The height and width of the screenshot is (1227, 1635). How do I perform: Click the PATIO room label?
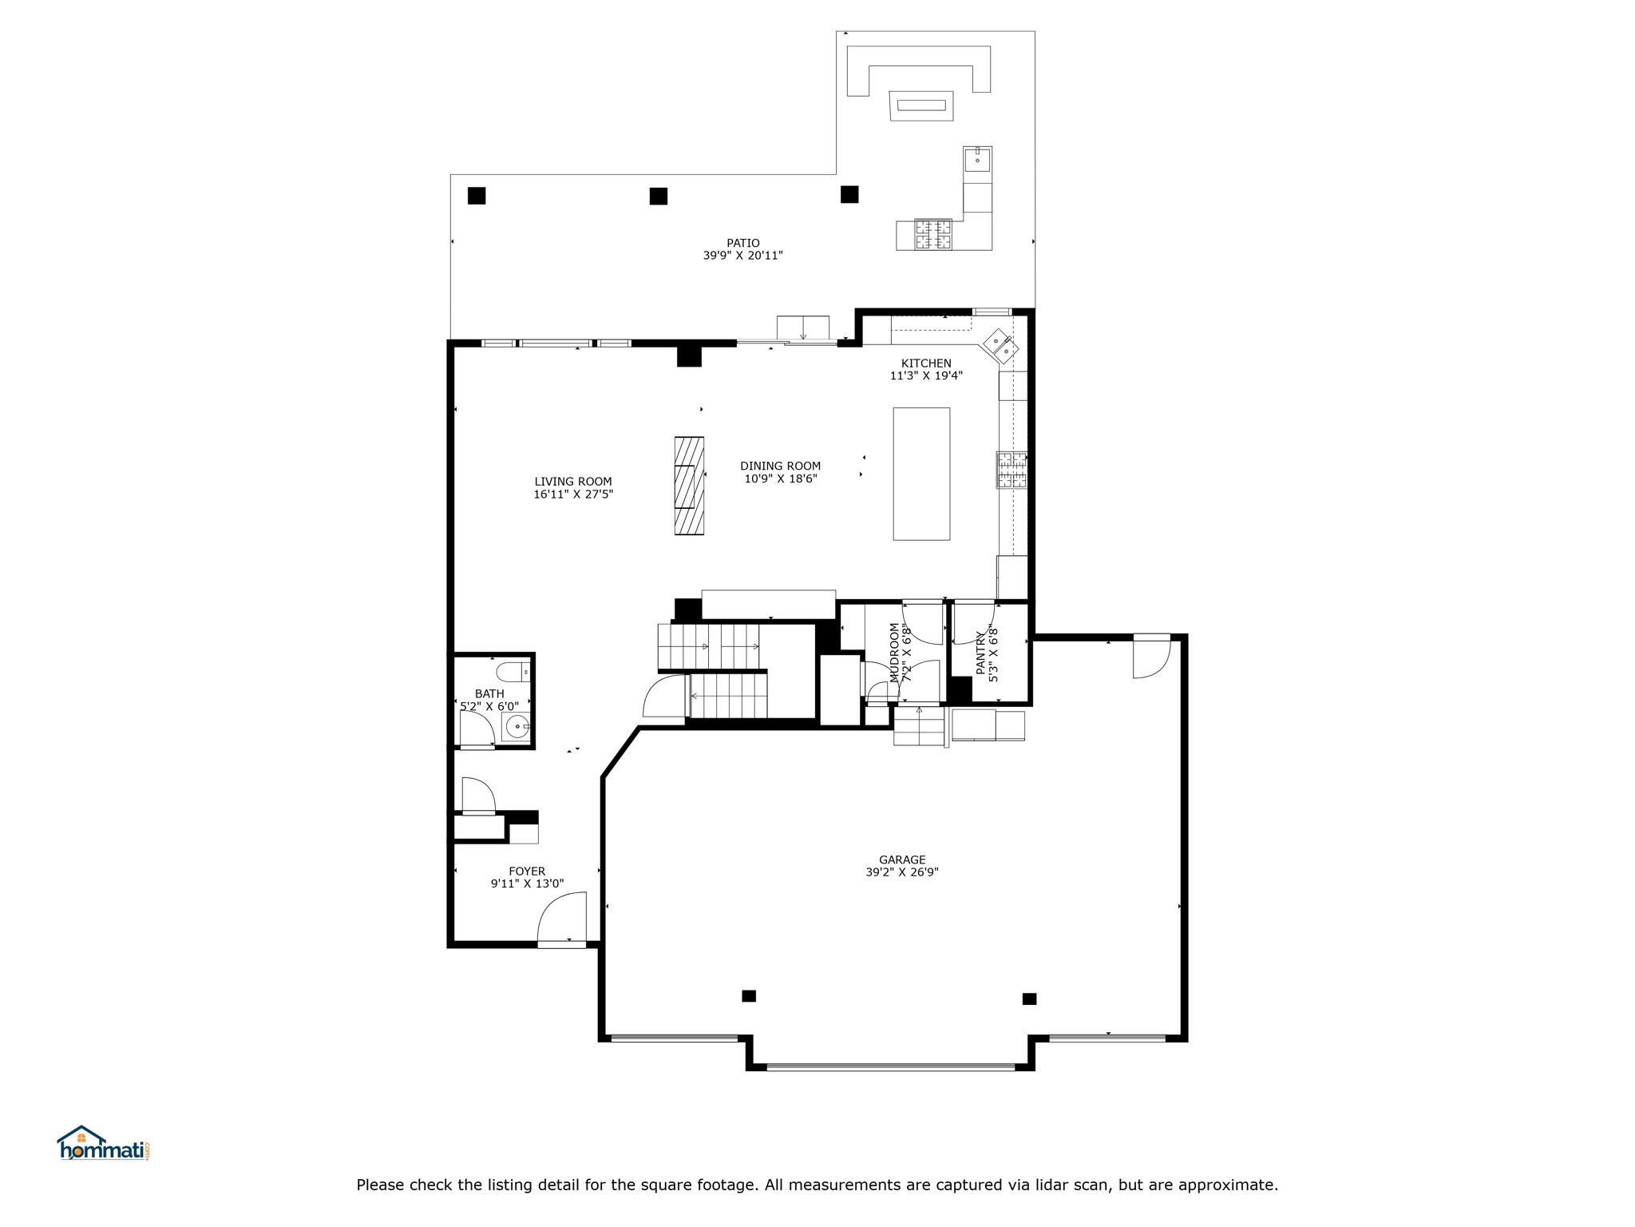point(742,243)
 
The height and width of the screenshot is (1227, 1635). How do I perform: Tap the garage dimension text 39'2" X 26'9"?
point(902,872)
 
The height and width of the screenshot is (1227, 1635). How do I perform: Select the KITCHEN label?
point(926,363)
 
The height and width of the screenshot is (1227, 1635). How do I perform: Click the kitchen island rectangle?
point(921,474)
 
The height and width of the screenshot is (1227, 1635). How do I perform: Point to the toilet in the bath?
point(511,670)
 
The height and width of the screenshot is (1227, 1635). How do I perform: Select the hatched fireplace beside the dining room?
point(689,485)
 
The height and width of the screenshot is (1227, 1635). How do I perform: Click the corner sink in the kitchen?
point(1000,344)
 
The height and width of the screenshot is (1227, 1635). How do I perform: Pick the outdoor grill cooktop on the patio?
point(933,233)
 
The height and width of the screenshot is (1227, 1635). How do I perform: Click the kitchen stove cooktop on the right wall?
point(1011,470)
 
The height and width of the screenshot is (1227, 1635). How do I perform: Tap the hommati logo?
point(103,1145)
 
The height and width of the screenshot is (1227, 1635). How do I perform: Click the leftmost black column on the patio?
point(477,196)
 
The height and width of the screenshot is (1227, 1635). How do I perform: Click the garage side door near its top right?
point(1151,657)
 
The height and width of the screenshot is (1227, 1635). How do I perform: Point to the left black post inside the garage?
point(749,995)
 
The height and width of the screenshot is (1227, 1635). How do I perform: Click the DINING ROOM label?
point(780,466)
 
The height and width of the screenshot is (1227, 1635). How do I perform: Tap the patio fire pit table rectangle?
point(921,105)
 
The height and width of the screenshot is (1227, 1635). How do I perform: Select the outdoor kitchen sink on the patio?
point(977,160)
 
